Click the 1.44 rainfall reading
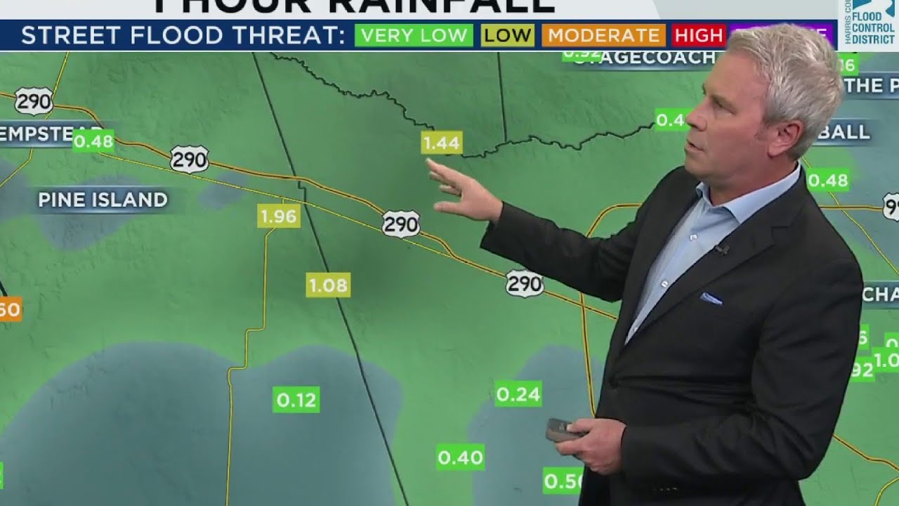(x=441, y=143)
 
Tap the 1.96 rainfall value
(x=279, y=216)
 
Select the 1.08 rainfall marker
(x=328, y=285)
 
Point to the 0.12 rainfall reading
(x=296, y=400)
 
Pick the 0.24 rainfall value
(x=518, y=394)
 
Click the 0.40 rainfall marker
(x=460, y=458)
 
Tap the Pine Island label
(x=103, y=200)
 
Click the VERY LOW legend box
(x=414, y=35)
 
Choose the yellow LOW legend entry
(x=507, y=35)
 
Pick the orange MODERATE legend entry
(x=603, y=35)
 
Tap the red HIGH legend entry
(x=698, y=35)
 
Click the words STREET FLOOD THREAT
(x=183, y=35)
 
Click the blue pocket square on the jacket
(x=711, y=299)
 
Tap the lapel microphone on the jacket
(x=721, y=249)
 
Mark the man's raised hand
(x=464, y=193)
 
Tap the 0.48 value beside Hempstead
(x=93, y=141)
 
